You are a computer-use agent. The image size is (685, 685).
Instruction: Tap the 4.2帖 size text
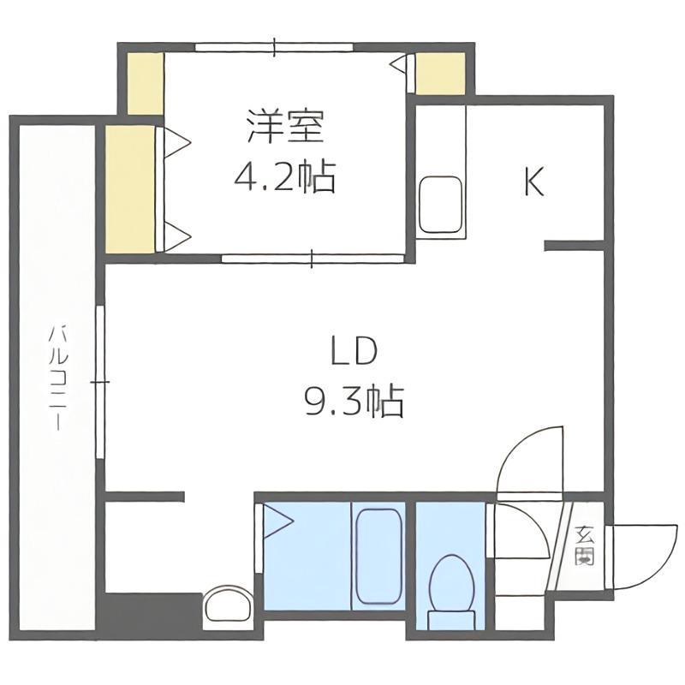284,177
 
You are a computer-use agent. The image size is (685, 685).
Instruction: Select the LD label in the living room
354,351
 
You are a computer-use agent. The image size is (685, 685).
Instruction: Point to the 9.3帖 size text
354,401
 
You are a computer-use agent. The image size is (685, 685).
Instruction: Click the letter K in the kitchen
533,182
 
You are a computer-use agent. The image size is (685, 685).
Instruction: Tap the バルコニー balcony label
58,378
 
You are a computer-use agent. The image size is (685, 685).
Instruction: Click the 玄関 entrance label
584,546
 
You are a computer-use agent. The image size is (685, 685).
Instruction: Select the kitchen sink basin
440,205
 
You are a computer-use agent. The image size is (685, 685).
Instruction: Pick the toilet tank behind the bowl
451,620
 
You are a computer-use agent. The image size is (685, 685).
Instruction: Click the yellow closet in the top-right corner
440,74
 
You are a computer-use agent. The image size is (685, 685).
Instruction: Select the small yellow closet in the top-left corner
146,84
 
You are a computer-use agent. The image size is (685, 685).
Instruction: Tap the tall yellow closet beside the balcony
130,189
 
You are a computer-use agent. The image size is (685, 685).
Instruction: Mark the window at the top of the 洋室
274,47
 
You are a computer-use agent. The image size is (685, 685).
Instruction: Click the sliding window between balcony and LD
100,382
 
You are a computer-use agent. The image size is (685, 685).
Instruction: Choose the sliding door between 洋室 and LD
313,259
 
